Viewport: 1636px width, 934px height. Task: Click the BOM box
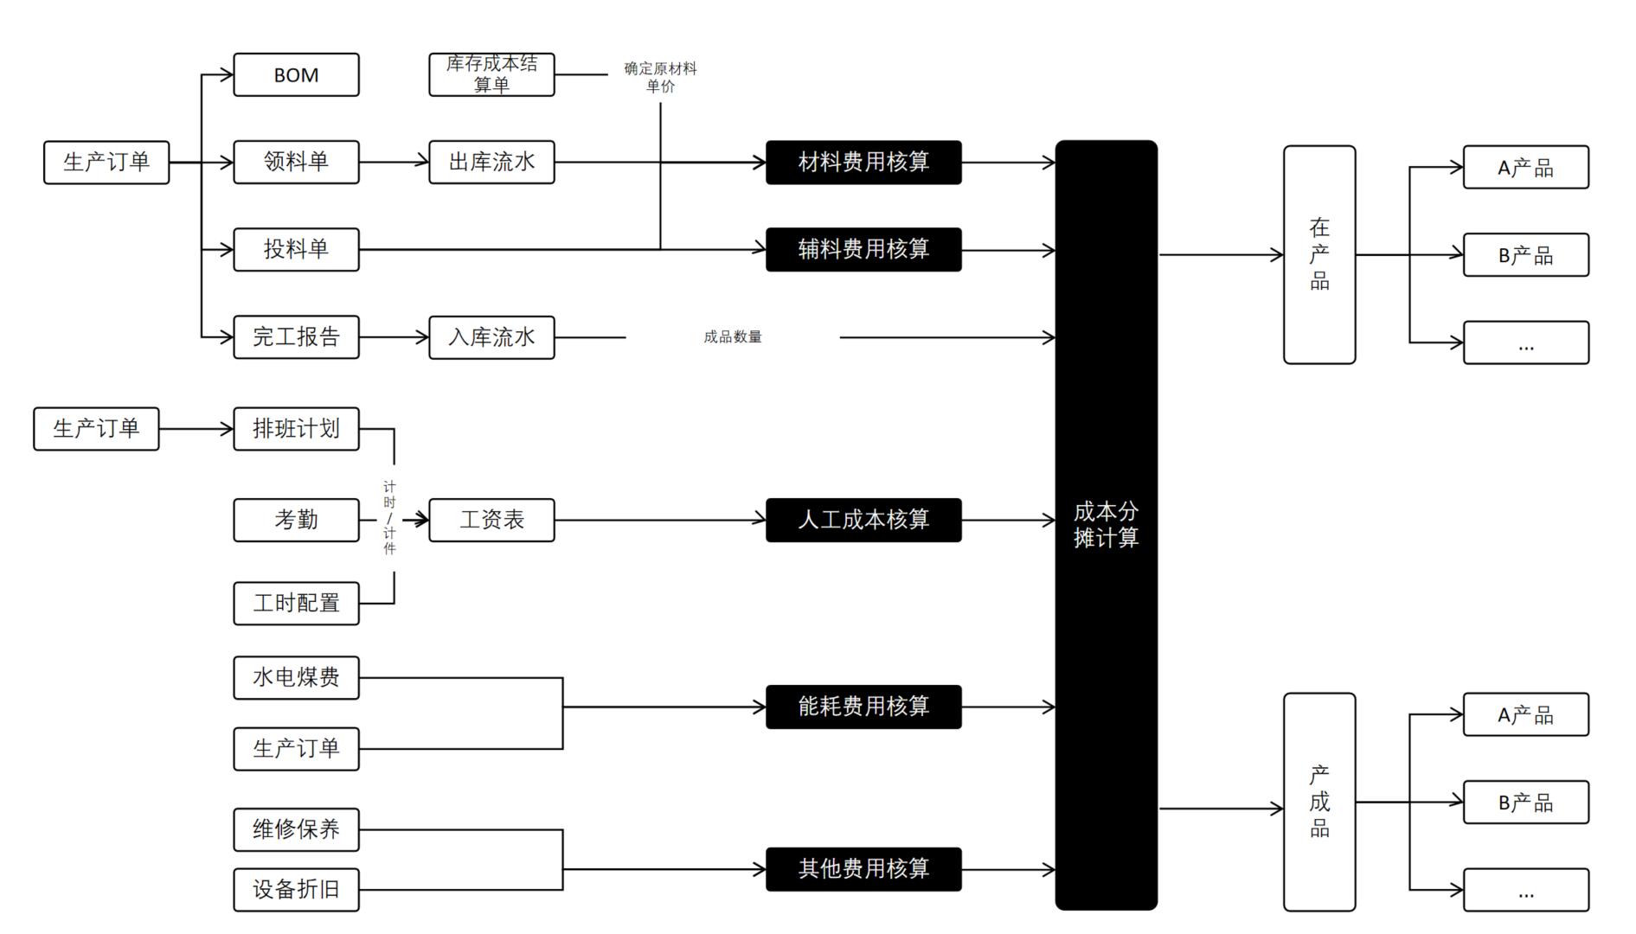[x=296, y=75]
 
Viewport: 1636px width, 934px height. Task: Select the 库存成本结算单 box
[x=491, y=75]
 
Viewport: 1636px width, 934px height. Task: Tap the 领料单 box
[x=296, y=163]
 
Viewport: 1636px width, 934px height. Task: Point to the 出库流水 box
[x=491, y=163]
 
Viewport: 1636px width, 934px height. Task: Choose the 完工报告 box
[x=296, y=337]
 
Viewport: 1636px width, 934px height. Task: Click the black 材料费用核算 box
[x=863, y=163]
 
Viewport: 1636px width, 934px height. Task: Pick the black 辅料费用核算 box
[x=863, y=250]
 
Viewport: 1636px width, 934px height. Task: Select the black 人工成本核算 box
[x=863, y=520]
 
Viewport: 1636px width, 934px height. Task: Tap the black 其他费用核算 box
[x=863, y=869]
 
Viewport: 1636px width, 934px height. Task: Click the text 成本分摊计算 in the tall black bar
[x=1106, y=525]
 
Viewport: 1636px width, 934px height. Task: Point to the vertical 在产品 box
[x=1319, y=255]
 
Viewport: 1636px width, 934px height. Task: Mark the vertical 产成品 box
[x=1319, y=802]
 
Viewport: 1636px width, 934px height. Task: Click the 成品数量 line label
[x=733, y=337]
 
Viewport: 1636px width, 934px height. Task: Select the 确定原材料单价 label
[x=660, y=77]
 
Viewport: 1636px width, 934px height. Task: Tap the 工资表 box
[x=491, y=520]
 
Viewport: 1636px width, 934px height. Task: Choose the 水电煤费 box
[x=296, y=678]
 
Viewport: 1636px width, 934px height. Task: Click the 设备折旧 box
[x=296, y=890]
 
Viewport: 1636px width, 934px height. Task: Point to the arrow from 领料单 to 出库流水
[x=394, y=163]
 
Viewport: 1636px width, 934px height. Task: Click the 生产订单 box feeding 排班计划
[x=96, y=429]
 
